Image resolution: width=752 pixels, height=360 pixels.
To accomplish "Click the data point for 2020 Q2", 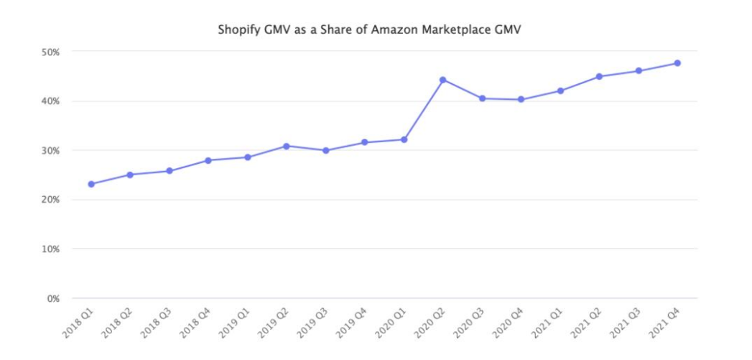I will (442, 80).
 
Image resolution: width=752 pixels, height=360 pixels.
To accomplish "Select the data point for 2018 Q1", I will (91, 184).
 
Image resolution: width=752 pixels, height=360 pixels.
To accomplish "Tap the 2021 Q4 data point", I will (677, 63).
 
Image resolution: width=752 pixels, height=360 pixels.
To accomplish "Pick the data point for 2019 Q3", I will (325, 150).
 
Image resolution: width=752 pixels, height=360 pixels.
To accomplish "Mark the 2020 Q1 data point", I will (404, 139).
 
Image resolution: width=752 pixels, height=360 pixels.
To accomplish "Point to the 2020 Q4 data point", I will (521, 99).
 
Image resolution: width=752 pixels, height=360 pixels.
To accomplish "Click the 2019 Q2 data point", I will (286, 146).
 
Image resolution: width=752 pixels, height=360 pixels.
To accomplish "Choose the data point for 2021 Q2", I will (599, 76).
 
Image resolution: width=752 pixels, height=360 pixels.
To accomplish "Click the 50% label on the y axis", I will (49, 52).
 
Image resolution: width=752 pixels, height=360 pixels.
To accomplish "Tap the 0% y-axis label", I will (52, 298).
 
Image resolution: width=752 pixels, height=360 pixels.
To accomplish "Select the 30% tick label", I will (49, 150).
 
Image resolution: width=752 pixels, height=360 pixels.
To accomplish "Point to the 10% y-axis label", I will (49, 249).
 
